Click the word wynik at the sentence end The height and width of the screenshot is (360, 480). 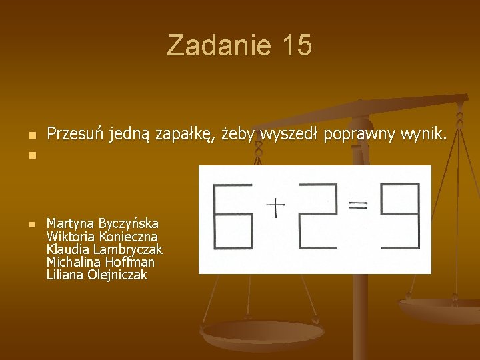(x=423, y=135)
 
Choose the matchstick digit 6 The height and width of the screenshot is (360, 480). (x=233, y=216)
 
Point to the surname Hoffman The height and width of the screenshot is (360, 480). (x=129, y=262)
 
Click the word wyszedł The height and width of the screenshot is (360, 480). (x=290, y=135)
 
